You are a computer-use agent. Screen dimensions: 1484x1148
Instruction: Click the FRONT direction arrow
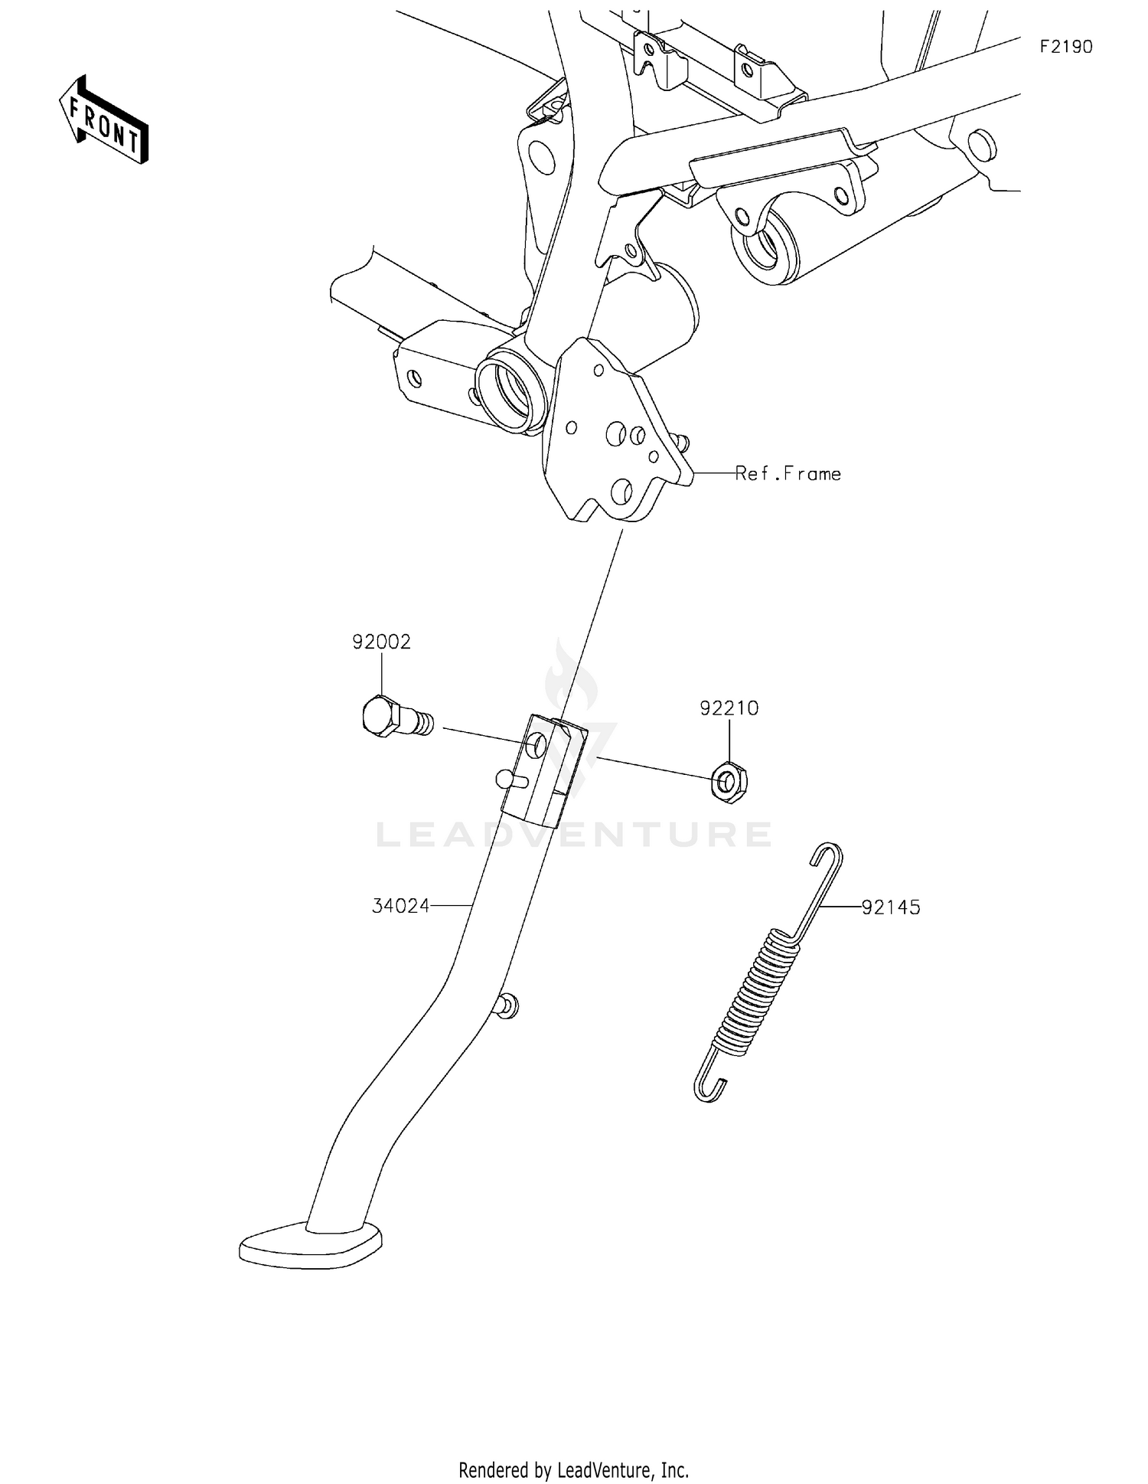pos(104,119)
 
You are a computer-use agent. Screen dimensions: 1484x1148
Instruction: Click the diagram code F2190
pos(1065,47)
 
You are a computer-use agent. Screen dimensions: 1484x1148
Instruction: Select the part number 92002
pos(381,642)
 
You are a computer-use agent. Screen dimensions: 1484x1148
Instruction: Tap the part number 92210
pos(729,708)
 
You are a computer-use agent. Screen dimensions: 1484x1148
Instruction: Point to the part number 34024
pos(400,907)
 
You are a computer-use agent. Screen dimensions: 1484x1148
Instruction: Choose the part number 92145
pos(891,907)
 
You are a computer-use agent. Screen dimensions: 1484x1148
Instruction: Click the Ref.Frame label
pos(788,474)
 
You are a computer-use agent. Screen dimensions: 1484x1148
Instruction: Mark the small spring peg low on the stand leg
pos(507,1006)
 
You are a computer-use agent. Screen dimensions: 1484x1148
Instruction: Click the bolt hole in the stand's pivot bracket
pos(536,744)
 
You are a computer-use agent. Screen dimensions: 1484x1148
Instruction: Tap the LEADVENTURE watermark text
pos(574,834)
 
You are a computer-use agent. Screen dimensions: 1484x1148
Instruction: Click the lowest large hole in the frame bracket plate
pos(621,490)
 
